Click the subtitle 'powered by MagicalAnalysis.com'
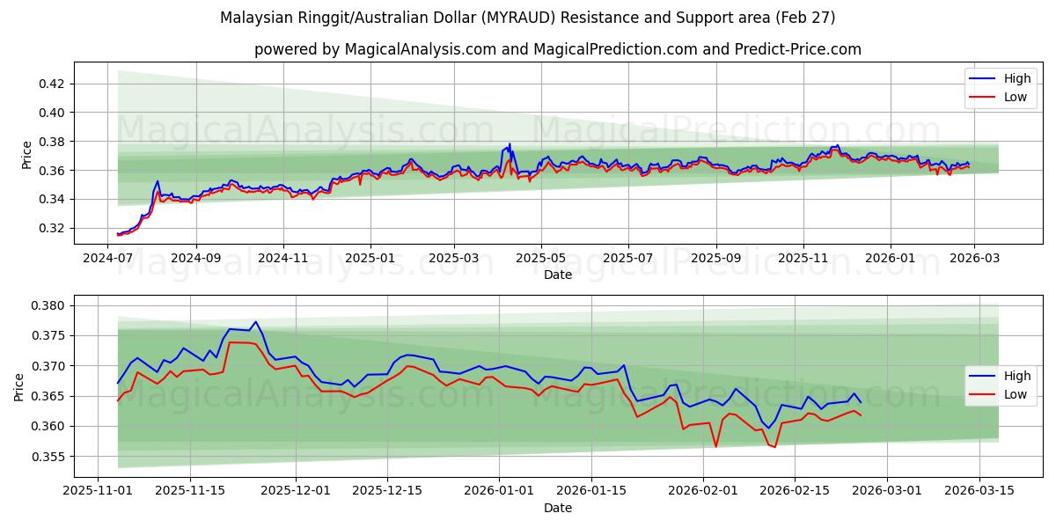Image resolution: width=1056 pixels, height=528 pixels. point(558,49)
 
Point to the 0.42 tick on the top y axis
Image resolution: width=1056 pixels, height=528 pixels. point(54,84)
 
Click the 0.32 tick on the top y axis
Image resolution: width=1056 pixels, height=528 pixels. point(54,228)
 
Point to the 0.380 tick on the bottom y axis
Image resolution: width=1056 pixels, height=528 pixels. point(50,305)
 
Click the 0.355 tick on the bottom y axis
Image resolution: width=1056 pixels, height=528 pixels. point(50,456)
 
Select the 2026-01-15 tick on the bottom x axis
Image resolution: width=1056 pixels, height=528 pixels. point(591,490)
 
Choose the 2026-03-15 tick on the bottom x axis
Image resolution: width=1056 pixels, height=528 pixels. point(979,490)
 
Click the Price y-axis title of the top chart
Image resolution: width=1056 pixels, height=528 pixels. point(26,154)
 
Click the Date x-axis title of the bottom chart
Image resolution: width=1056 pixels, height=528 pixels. point(558,508)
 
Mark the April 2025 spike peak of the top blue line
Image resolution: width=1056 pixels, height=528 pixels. point(509,144)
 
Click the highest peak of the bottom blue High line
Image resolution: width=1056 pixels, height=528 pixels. point(255,322)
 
